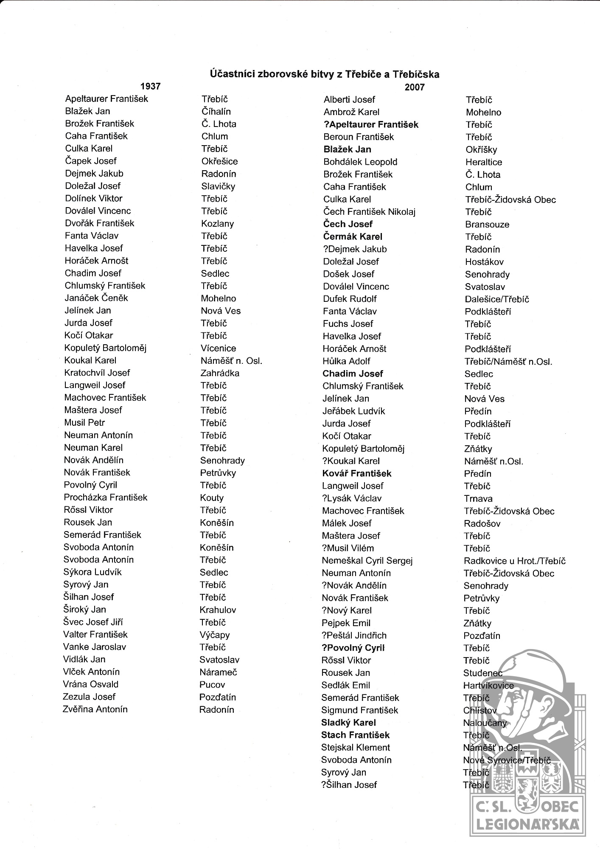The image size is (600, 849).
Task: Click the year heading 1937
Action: click(150, 86)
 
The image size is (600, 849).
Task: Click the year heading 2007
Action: click(414, 87)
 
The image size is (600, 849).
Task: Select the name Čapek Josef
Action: click(90, 161)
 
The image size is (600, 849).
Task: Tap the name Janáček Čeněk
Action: click(96, 298)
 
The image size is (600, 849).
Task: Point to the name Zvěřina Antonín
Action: click(95, 709)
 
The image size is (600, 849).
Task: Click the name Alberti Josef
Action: click(349, 100)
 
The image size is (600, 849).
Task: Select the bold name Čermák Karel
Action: click(353, 236)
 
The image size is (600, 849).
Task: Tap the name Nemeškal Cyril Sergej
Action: click(367, 560)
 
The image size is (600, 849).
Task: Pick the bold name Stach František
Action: click(355, 735)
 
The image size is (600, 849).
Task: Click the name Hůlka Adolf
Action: click(346, 361)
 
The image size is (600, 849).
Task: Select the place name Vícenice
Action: click(218, 348)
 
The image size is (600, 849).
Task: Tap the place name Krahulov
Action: click(218, 610)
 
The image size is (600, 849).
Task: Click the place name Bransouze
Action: click(487, 225)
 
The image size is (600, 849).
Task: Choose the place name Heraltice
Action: click(484, 162)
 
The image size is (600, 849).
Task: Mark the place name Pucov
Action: click(212, 684)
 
